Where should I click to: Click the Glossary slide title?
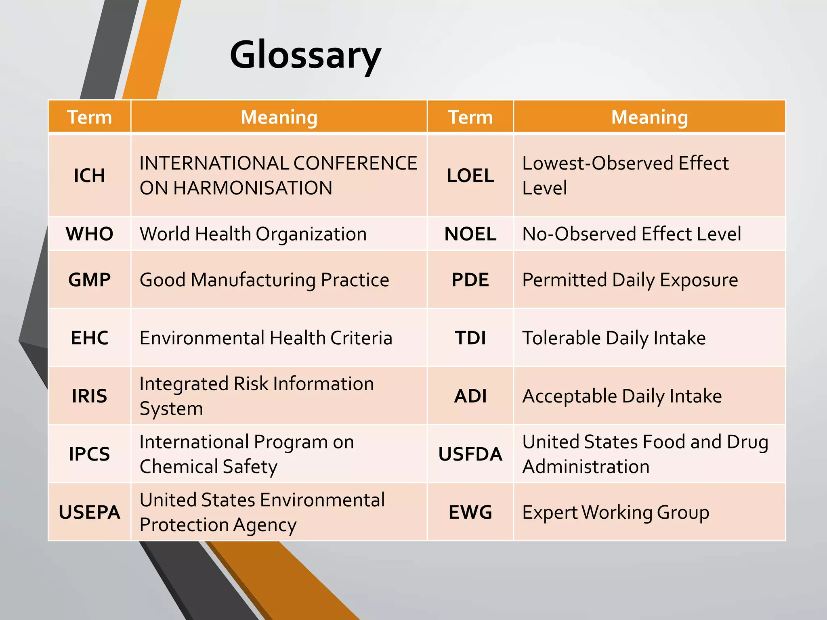pos(305,55)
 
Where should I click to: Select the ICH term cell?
pos(89,176)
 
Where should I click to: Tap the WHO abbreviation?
pos(89,234)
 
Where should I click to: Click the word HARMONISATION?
pos(253,188)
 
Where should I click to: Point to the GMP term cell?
pos(89,280)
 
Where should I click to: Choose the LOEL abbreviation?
pos(470,176)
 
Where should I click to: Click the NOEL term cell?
pos(470,234)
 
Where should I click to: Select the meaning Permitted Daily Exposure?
pos(630,280)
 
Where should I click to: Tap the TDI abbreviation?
pos(470,338)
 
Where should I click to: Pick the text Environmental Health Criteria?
pos(266,338)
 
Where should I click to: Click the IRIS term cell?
pos(89,396)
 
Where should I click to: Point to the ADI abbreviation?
pos(470,396)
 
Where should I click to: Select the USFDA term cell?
pos(470,454)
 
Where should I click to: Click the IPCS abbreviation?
pos(89,454)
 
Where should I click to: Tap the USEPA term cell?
pos(89,512)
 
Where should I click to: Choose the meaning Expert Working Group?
pos(615,512)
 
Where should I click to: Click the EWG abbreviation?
pos(470,512)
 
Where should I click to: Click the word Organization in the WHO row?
pos(311,234)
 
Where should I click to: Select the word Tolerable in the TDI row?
pos(561,338)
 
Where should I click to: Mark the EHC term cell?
pos(89,338)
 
